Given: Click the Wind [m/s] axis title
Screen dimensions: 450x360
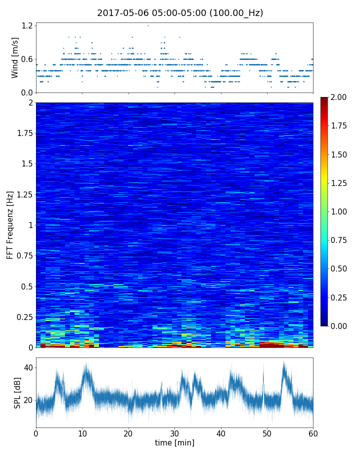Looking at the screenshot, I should coord(15,57).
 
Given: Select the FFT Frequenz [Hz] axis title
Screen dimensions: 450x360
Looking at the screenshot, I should coord(10,225).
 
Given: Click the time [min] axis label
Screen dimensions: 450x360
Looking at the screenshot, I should coord(174,442).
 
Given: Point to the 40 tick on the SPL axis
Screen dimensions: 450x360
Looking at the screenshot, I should coord(28,367).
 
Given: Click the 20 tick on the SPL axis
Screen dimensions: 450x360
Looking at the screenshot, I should coord(28,400).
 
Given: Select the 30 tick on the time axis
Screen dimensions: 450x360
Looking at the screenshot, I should coord(174,432).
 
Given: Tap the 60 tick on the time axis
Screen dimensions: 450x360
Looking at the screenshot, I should coord(313,432).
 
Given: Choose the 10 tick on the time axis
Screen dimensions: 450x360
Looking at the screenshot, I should coord(82,432).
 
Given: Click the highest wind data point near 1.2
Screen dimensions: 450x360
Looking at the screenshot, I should coord(148,25).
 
